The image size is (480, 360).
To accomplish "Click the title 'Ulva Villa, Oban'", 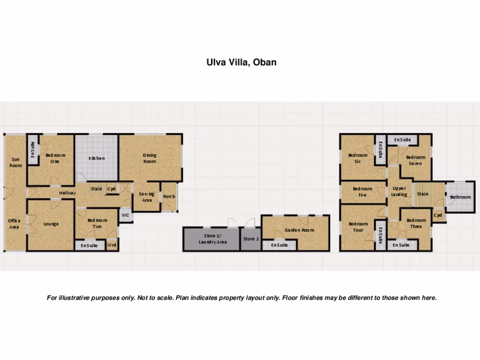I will pyautogui.click(x=241, y=62).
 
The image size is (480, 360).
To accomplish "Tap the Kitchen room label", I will pyautogui.click(x=97, y=158).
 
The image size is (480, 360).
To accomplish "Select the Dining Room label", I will pyautogui.click(x=150, y=158).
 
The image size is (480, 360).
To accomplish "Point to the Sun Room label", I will pyautogui.click(x=15, y=162).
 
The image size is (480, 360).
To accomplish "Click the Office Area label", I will pyautogui.click(x=14, y=224).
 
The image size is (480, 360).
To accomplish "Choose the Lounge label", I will pyautogui.click(x=51, y=224).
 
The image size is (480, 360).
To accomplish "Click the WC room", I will pyautogui.click(x=125, y=215).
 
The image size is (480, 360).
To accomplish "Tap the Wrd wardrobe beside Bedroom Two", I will pyautogui.click(x=112, y=245).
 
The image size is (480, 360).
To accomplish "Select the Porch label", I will pyautogui.click(x=169, y=196).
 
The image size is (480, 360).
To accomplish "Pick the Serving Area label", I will pyautogui.click(x=147, y=197).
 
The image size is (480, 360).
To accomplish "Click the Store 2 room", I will pyautogui.click(x=251, y=239).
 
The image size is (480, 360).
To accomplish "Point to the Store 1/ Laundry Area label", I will pyautogui.click(x=212, y=239).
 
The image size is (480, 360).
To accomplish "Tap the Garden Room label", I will pyautogui.click(x=299, y=230).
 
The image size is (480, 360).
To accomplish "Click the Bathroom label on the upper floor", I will pyautogui.click(x=460, y=197).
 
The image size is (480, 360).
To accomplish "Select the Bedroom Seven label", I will pyautogui.click(x=415, y=160).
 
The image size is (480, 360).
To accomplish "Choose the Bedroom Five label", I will pyautogui.click(x=362, y=192).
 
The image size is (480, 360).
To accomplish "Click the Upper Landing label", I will pyautogui.click(x=399, y=191).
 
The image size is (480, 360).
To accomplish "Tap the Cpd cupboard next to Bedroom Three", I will pyautogui.click(x=438, y=215).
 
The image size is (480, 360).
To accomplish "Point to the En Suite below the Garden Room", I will pyautogui.click(x=279, y=245).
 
